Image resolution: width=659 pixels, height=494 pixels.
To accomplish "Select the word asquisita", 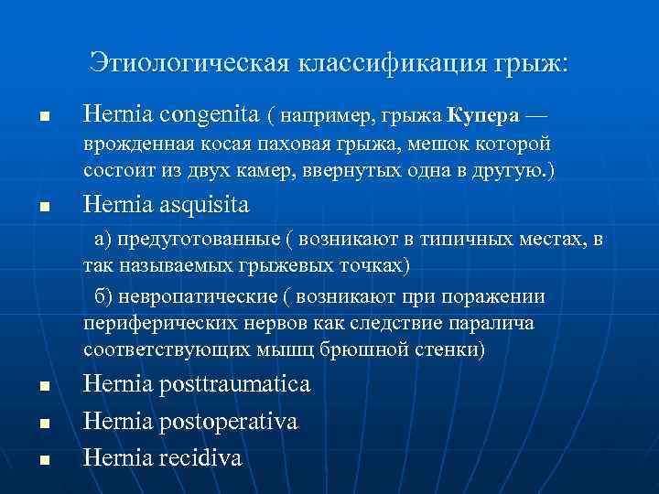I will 197,204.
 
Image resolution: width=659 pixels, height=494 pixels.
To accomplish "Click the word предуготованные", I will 196,241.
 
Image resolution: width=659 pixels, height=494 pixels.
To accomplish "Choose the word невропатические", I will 196,298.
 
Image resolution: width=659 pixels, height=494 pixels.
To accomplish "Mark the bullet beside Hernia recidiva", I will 43,460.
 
